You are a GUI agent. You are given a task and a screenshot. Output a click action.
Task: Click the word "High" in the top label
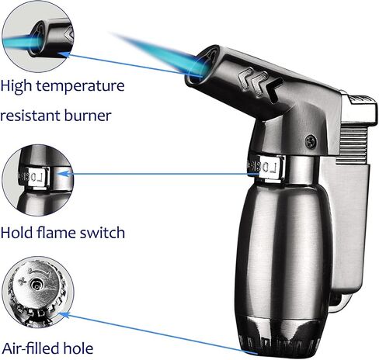tap(16, 86)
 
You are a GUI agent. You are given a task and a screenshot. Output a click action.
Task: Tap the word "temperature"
tap(80, 86)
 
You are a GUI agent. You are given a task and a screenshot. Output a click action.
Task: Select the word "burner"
tap(88, 116)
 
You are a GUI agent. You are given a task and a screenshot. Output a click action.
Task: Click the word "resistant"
tap(30, 116)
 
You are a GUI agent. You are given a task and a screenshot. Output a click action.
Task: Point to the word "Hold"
tap(16, 232)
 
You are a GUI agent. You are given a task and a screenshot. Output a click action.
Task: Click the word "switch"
tap(103, 232)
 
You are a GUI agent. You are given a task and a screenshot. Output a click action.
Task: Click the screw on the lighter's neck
tap(311, 141)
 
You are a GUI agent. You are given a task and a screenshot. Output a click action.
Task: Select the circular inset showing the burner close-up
tap(38, 36)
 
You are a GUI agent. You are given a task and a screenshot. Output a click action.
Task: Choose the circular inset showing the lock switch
tap(38, 180)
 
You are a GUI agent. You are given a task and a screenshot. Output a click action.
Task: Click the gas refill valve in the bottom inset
tap(36, 285)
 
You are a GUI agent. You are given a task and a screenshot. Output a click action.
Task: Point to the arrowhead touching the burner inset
tap(64, 54)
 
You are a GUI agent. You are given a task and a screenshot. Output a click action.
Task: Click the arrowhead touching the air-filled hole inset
tap(64, 314)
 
